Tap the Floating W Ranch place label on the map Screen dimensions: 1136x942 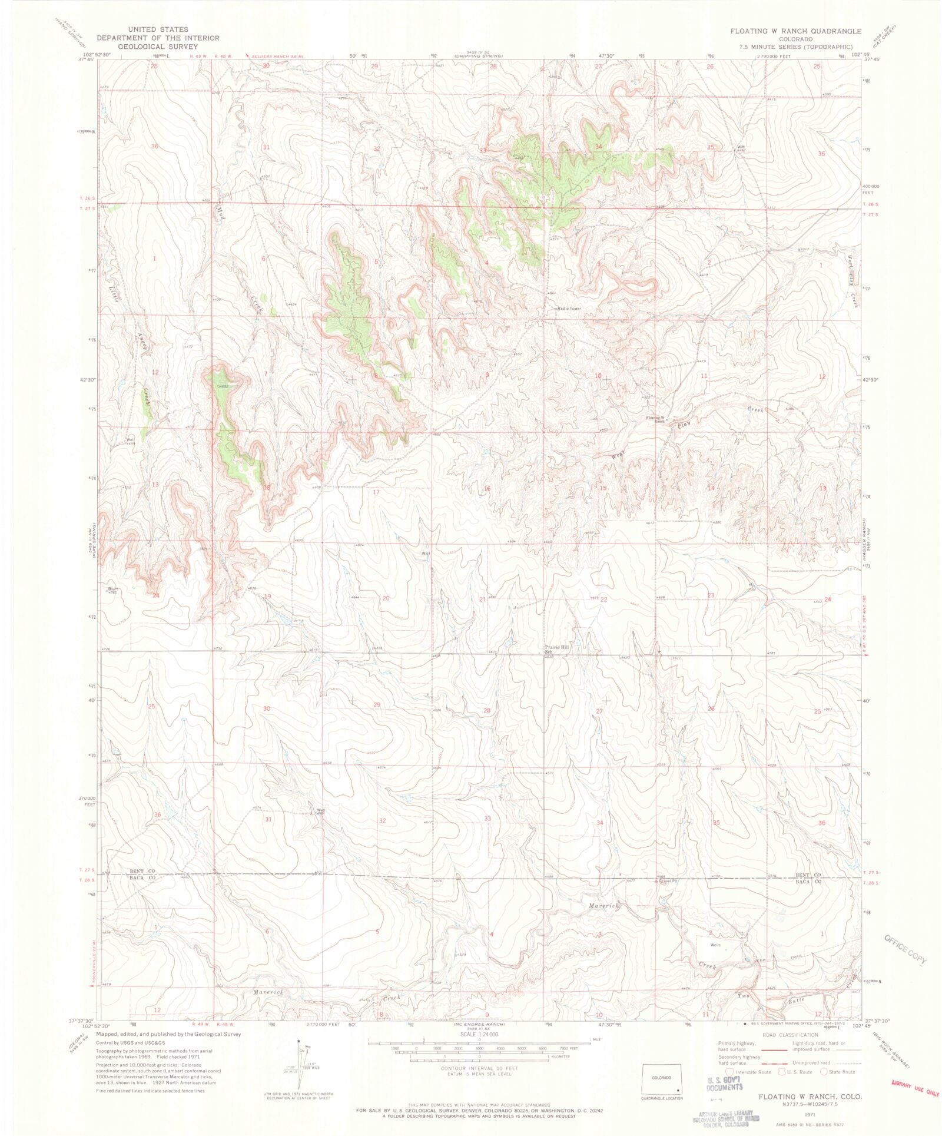click(655, 419)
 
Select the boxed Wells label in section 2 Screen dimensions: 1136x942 click(715, 945)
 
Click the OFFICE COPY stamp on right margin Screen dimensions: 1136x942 click(905, 950)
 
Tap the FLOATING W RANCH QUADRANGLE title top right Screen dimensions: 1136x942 click(796, 31)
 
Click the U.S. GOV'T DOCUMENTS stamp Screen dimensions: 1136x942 click(724, 1084)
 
